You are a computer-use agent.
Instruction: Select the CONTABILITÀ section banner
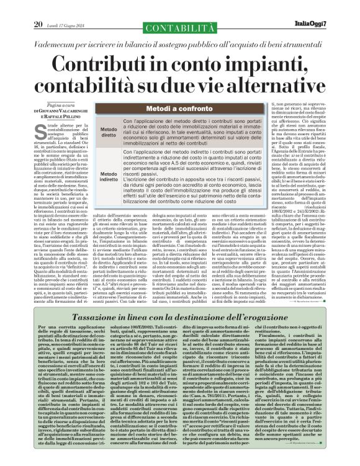point(179,27)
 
